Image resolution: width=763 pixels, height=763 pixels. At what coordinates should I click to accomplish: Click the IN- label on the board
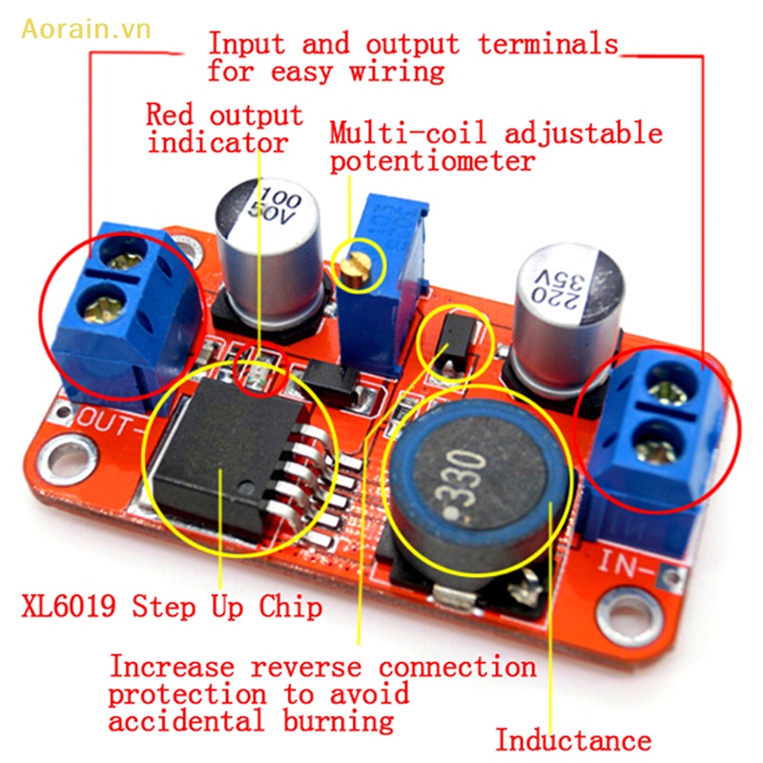pos(629,565)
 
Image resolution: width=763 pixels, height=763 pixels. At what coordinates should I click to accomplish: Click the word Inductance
pos(572,740)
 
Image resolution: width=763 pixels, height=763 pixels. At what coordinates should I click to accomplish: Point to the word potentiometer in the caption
pos(431,161)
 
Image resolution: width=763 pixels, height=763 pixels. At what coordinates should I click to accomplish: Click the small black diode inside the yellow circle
pos(452,340)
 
